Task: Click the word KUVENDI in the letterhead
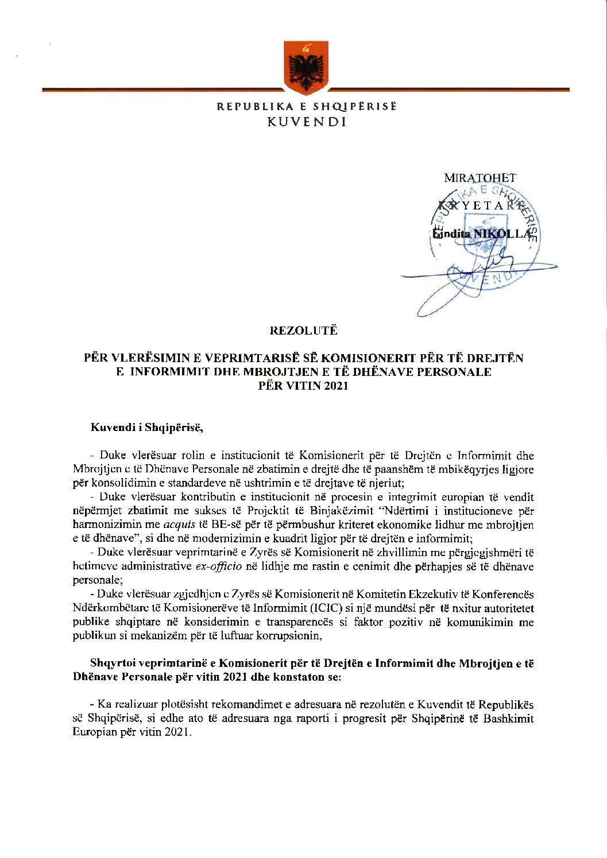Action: coord(307,122)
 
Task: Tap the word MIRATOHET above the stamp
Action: coord(480,178)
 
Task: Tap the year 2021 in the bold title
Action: coord(335,386)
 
